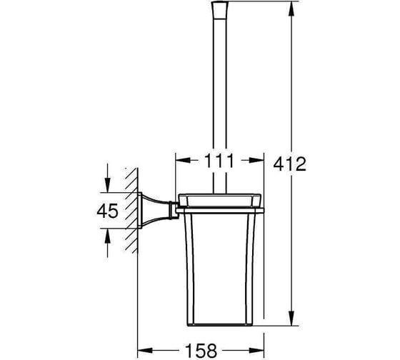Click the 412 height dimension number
click(x=289, y=164)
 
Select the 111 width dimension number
click(x=219, y=161)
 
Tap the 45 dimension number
click(x=107, y=211)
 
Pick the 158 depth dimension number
click(x=201, y=351)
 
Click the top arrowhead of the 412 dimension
click(x=292, y=9)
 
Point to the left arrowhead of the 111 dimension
click(x=183, y=160)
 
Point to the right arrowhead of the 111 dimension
click(x=256, y=160)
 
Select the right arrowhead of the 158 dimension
click(x=256, y=350)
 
